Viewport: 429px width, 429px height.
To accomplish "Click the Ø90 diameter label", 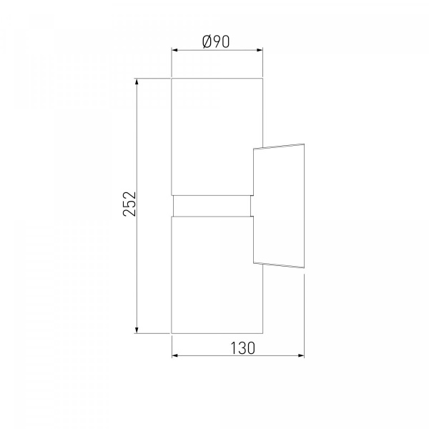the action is pyautogui.click(x=216, y=41).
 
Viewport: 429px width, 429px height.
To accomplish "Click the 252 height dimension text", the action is pyautogui.click(x=129, y=204).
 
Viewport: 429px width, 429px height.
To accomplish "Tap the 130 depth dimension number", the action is pyautogui.click(x=242, y=348).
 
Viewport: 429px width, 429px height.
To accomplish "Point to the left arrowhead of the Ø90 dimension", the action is pyautogui.click(x=175, y=50).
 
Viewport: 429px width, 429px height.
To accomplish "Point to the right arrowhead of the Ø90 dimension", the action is pyautogui.click(x=260, y=50).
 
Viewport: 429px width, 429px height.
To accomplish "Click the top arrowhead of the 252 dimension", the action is pyautogui.click(x=137, y=82).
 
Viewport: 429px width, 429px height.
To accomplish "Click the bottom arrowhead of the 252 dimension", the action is pyautogui.click(x=137, y=330).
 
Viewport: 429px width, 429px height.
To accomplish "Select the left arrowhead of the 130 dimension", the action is pyautogui.click(x=175, y=355).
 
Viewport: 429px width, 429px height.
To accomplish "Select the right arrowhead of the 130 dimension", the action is pyautogui.click(x=301, y=355).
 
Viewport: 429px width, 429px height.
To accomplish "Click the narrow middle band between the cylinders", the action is pyautogui.click(x=212, y=206).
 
